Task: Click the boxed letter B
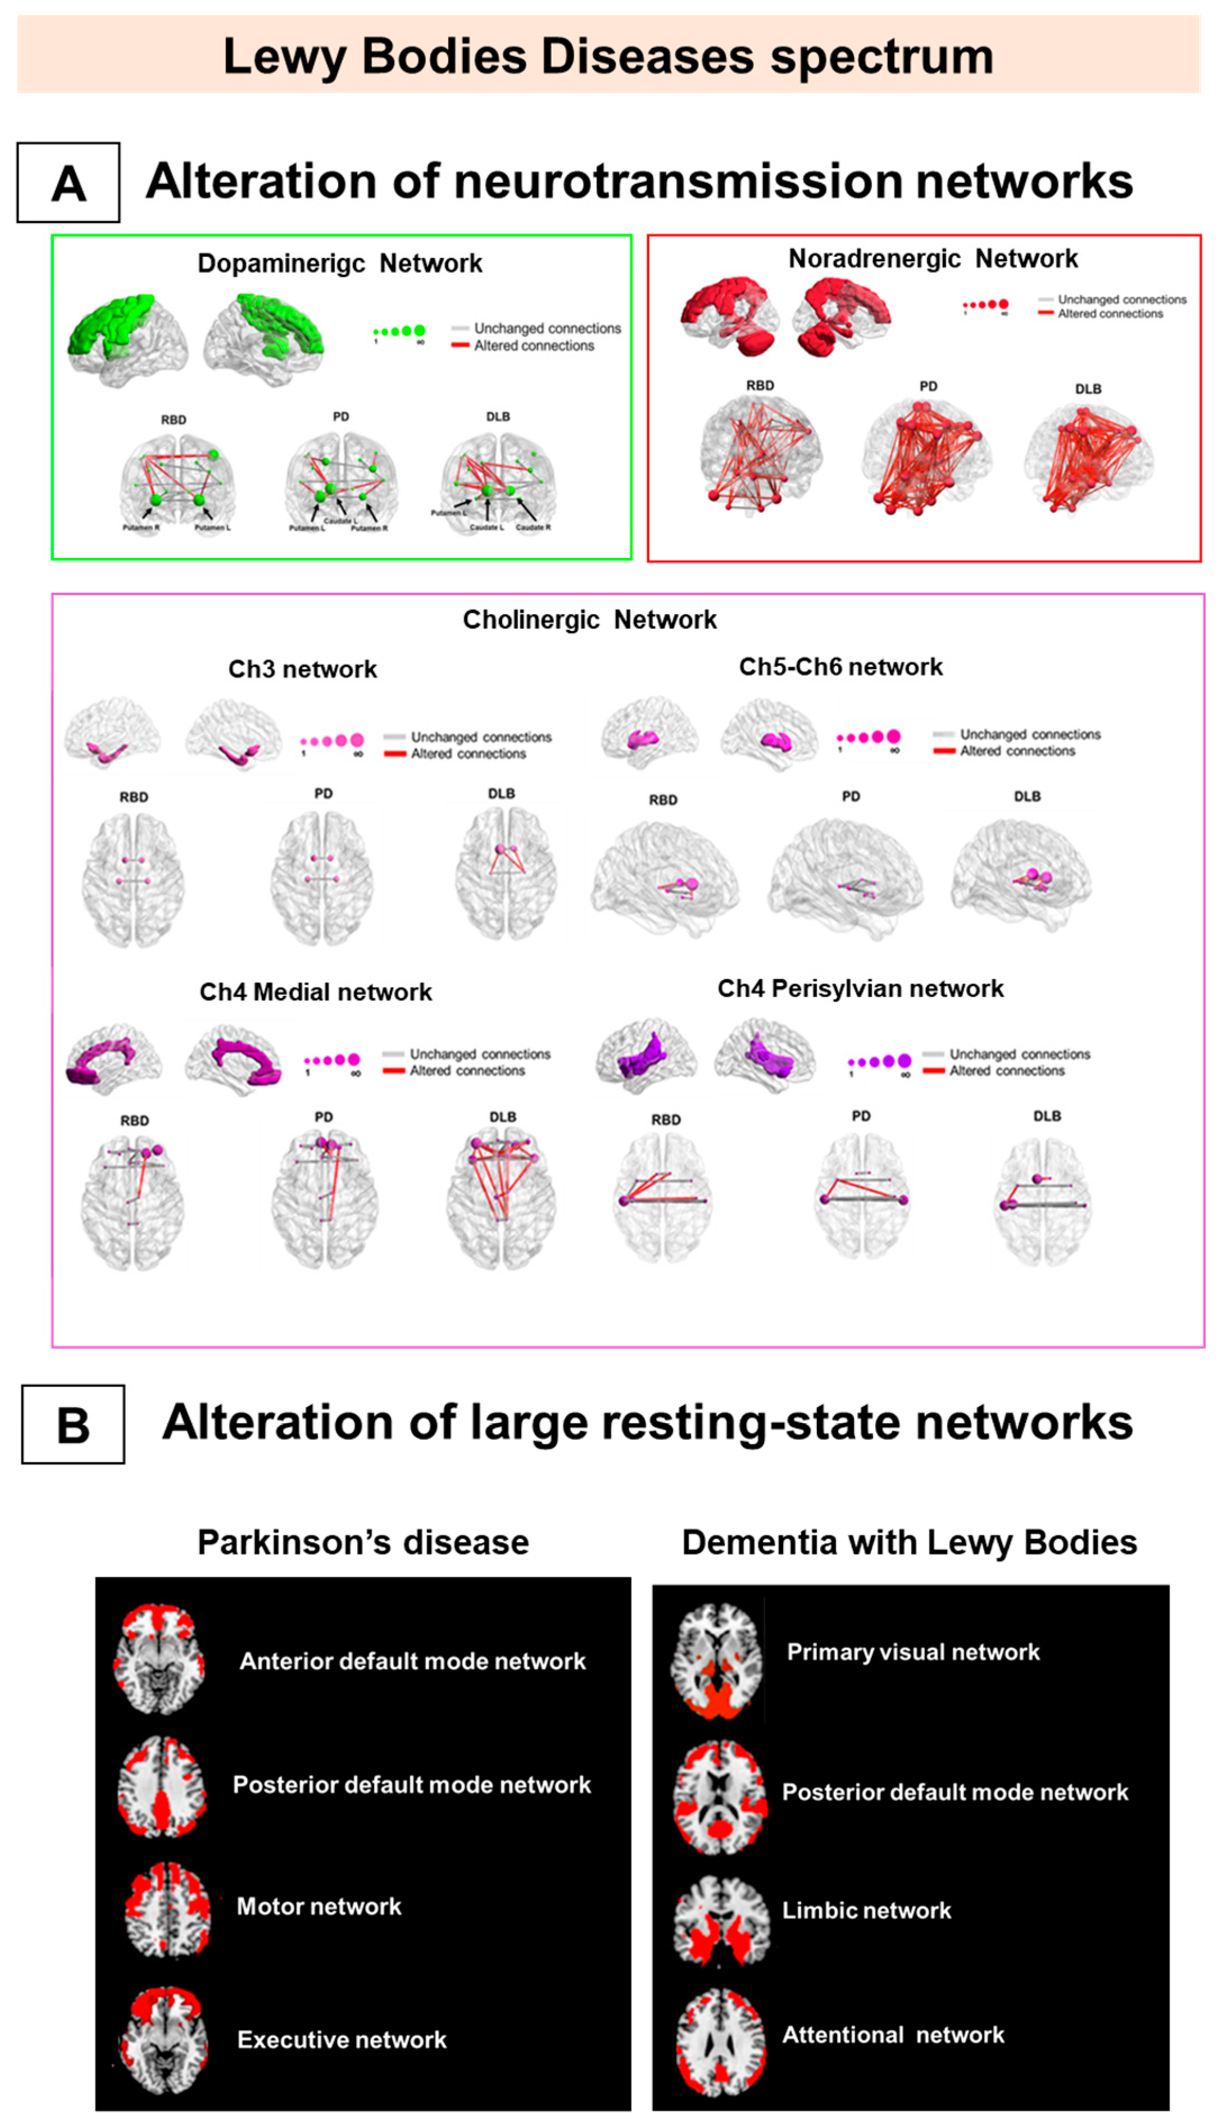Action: click(x=73, y=1425)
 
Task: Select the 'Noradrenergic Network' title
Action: click(x=933, y=258)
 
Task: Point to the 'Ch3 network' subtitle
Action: click(x=302, y=670)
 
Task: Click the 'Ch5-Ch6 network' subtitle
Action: click(x=840, y=667)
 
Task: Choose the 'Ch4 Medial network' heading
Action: click(x=315, y=992)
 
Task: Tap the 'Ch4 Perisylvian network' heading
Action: click(x=860, y=989)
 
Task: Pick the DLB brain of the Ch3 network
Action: click(x=505, y=874)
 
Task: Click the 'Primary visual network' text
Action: click(x=913, y=1653)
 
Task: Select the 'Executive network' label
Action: click(x=342, y=2040)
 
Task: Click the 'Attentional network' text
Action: click(x=893, y=2035)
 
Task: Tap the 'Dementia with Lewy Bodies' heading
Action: click(x=909, y=1543)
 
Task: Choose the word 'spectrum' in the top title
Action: click(x=882, y=57)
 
